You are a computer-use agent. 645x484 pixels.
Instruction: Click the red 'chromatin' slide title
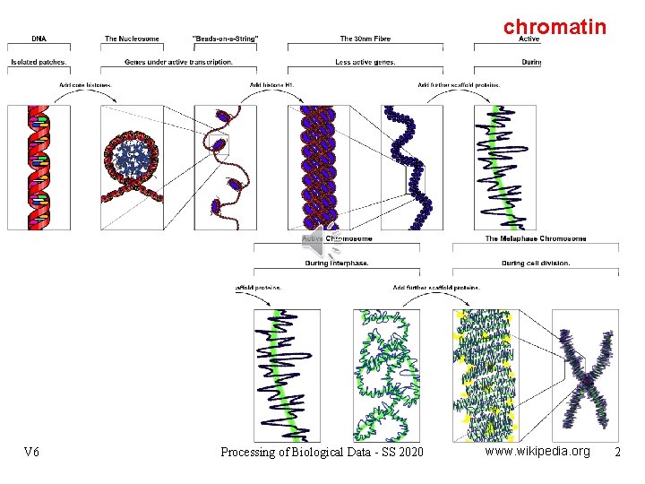[555, 27]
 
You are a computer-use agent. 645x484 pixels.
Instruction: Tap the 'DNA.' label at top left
[40, 39]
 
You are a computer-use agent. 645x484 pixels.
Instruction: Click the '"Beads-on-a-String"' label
[226, 39]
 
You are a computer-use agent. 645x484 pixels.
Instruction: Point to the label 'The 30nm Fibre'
[365, 39]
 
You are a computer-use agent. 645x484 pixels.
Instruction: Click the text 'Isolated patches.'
[39, 62]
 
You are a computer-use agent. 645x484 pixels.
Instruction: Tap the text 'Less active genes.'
[365, 62]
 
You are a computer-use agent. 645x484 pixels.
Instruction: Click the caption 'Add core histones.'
[86, 85]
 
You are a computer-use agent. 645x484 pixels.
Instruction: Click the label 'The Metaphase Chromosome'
[536, 238]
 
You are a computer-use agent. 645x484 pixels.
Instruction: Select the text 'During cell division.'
[536, 263]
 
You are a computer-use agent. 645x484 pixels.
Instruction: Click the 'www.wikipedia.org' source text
[537, 451]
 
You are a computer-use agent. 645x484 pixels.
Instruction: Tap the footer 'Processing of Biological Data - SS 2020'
[322, 452]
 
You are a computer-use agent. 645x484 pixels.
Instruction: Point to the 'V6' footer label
[32, 452]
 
